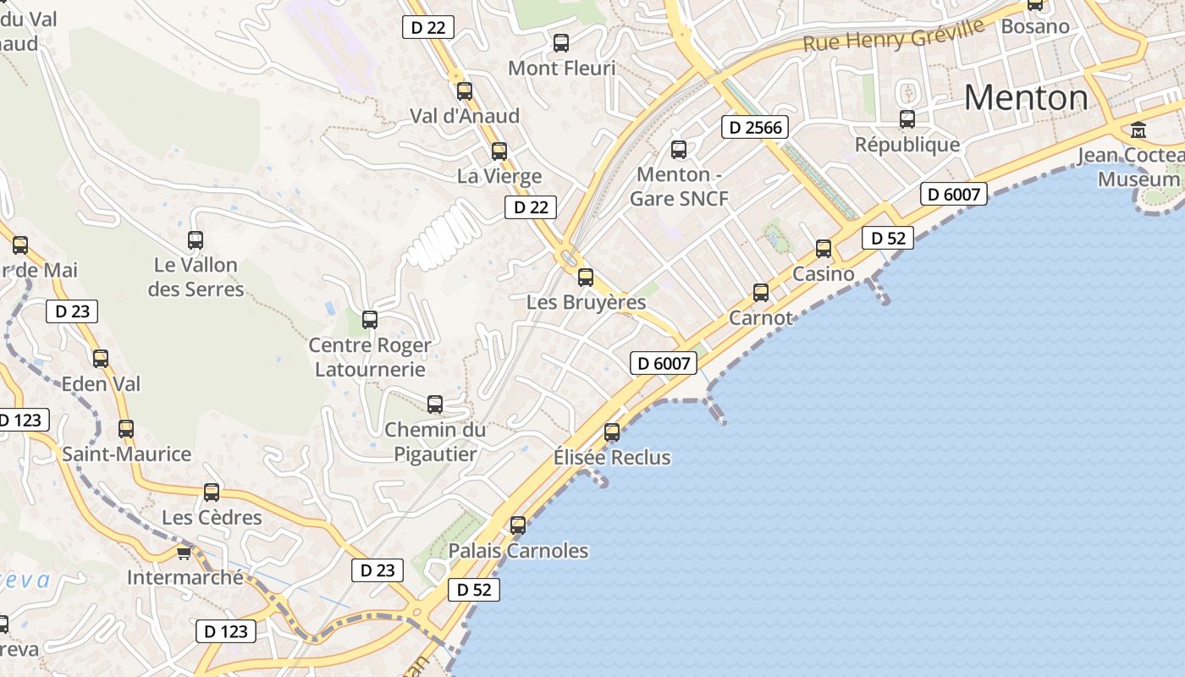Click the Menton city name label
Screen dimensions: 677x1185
[x=1025, y=98]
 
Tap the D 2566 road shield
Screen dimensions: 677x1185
[x=755, y=128]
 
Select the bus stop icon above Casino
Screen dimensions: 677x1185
[x=824, y=249]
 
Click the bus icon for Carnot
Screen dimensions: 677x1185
[x=761, y=293]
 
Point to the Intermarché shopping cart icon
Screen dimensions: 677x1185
[x=184, y=553]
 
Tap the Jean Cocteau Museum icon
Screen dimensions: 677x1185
[x=1138, y=130]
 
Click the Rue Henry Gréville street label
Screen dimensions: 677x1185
[x=893, y=34]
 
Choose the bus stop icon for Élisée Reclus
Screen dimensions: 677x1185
[x=612, y=432]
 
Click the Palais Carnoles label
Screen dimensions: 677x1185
[x=518, y=551]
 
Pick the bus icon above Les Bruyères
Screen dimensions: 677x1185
[x=586, y=277]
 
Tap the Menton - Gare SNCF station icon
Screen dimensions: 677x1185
[x=679, y=150]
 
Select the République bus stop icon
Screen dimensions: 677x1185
[x=907, y=119]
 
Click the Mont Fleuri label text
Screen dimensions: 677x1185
[x=562, y=69]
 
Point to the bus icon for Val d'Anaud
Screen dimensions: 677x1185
[x=465, y=91]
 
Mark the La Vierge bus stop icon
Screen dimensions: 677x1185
[x=499, y=151]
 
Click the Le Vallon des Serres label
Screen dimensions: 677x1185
[x=196, y=277]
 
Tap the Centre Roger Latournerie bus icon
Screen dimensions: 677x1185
[x=370, y=320]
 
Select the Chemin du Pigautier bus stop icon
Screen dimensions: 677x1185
[x=435, y=405]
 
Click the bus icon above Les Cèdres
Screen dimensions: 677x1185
[x=212, y=493]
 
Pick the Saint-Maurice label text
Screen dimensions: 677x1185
[x=127, y=454]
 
